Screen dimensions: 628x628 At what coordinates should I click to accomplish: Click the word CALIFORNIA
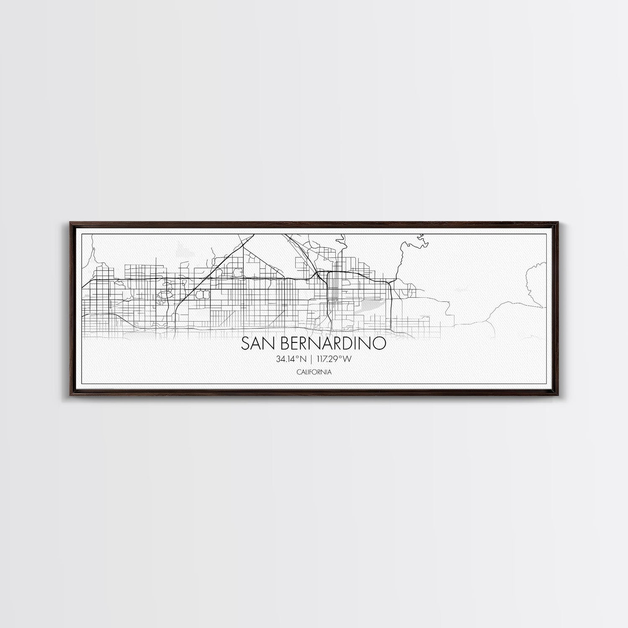tap(314, 372)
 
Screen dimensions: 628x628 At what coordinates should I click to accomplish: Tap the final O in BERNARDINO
tap(380, 343)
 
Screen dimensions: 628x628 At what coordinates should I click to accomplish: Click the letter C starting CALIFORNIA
tap(298, 372)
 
